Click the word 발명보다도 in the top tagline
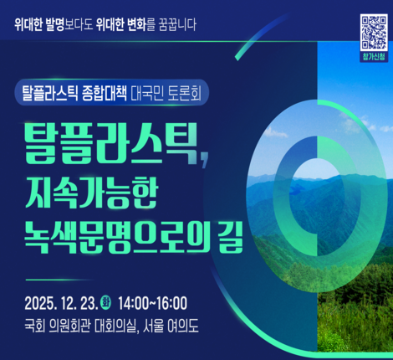point(86,23)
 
